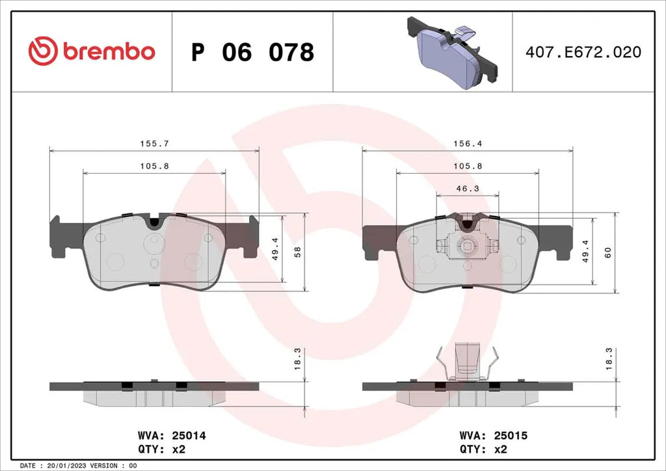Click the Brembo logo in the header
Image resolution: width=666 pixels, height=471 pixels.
click(91, 50)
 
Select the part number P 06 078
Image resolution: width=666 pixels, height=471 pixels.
click(252, 52)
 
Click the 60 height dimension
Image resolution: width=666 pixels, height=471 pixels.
click(608, 252)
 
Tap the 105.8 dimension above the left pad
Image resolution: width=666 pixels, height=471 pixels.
click(154, 167)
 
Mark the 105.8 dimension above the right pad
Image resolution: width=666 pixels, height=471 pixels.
click(467, 167)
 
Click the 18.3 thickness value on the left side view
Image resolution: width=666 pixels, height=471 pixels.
click(298, 359)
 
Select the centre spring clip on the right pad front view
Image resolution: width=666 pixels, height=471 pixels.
click(466, 246)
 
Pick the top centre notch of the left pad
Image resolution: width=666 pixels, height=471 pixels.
click(154, 222)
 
